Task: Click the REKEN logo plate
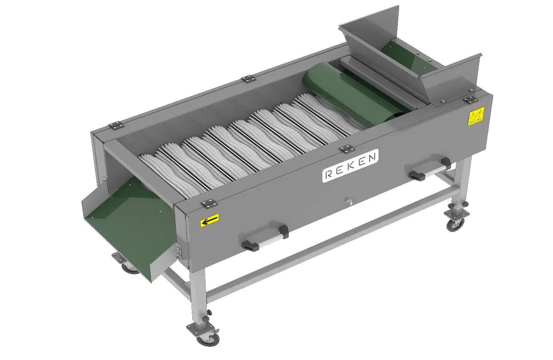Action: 350,166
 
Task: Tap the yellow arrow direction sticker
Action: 210,220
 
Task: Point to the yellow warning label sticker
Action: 476,116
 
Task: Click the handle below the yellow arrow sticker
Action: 265,238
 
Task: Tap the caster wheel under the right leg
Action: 455,224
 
